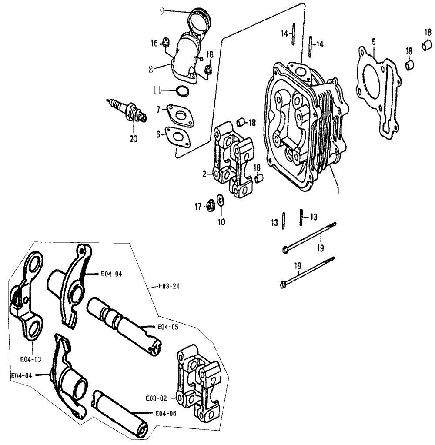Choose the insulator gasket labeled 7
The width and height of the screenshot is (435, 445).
coord(181,116)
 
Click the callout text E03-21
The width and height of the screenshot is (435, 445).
coord(169,286)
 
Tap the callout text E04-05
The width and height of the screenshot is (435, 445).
coord(168,327)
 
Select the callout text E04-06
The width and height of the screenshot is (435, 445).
coord(166,414)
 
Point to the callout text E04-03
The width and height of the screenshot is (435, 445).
coord(30,359)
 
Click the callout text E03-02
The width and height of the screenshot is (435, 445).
coord(156,398)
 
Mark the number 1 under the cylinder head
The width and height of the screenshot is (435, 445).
coord(338,191)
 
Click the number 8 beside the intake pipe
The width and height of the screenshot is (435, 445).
coord(151,69)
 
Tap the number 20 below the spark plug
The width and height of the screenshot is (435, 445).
coord(134,139)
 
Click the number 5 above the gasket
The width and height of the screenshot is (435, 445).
coord(374,42)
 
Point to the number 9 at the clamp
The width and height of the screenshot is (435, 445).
coord(162,12)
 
